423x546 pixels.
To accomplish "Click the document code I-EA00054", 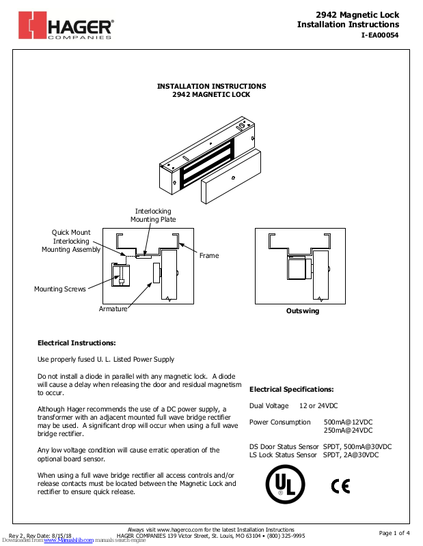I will coord(380,35).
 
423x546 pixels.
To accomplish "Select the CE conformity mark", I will coord(340,486).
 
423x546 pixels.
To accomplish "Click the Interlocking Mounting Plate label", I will coord(153,216).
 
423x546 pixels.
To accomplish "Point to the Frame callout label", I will coord(209,255).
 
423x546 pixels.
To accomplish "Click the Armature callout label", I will coord(113,309).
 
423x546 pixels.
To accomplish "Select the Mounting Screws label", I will coord(60,289).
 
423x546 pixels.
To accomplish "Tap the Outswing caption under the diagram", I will coord(302,311).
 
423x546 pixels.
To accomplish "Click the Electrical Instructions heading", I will coord(77,343).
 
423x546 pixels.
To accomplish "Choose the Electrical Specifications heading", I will coord(291,389).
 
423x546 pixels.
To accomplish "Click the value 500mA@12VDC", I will coord(348,422).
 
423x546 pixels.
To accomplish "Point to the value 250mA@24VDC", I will coord(348,431).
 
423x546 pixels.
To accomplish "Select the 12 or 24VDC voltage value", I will coord(318,406).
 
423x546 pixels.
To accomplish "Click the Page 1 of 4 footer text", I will coord(394,533).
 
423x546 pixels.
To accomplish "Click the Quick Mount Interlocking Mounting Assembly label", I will coord(70,242).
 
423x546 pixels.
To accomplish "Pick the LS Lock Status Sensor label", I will coord(283,455).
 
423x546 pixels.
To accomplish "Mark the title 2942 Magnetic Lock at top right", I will coord(357,14).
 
